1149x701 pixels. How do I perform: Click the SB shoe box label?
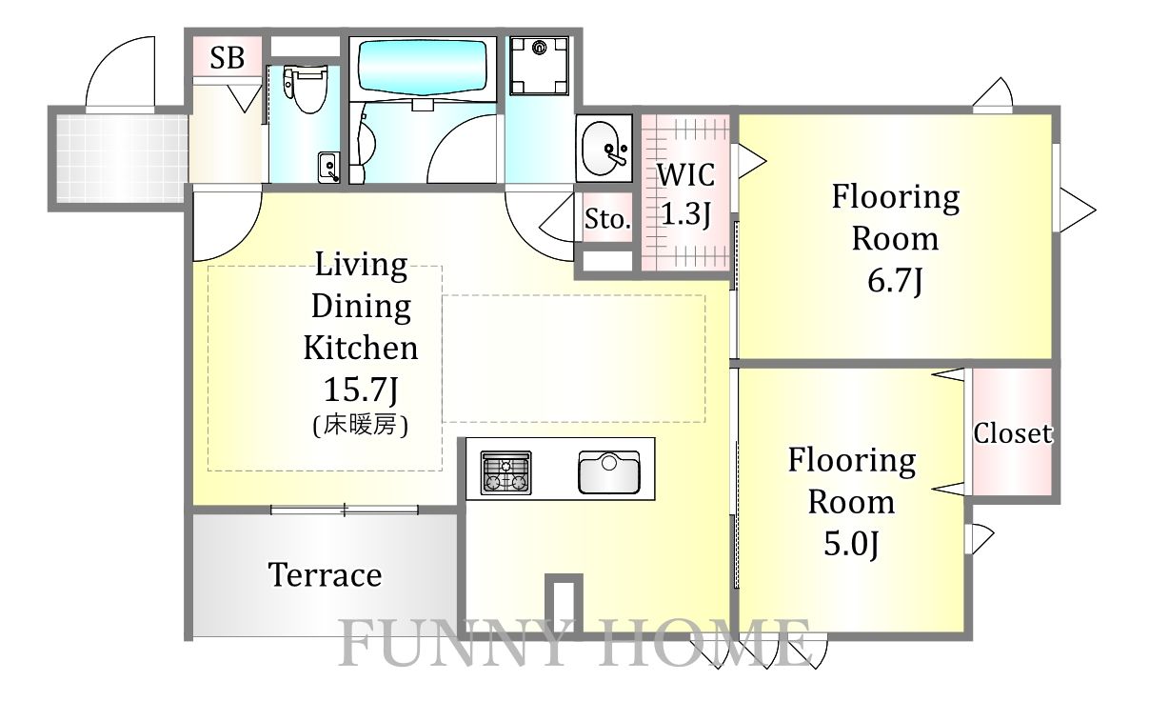pyautogui.click(x=228, y=58)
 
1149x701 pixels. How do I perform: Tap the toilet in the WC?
pyautogui.click(x=306, y=89)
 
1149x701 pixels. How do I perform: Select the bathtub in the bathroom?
pyautogui.click(x=422, y=67)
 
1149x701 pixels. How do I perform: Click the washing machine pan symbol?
pyautogui.click(x=539, y=65)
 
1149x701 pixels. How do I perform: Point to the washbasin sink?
pyautogui.click(x=605, y=149)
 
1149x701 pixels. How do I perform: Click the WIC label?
pyautogui.click(x=685, y=175)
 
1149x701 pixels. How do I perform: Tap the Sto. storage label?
pyautogui.click(x=607, y=220)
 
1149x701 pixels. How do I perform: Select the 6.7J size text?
pyautogui.click(x=895, y=281)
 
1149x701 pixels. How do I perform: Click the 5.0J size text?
pyautogui.click(x=851, y=544)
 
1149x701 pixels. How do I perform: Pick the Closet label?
pyautogui.click(x=1013, y=433)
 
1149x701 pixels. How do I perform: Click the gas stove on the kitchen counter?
pyautogui.click(x=505, y=472)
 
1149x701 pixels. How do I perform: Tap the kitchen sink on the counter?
pyautogui.click(x=609, y=472)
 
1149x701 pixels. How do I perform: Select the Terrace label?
pyautogui.click(x=326, y=574)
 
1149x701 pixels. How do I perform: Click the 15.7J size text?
pyautogui.click(x=361, y=390)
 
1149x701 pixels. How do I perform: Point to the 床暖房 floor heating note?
pyautogui.click(x=361, y=426)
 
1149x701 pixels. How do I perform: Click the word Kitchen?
pyautogui.click(x=361, y=348)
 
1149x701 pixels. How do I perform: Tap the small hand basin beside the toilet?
pyautogui.click(x=327, y=168)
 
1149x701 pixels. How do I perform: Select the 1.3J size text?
pyautogui.click(x=685, y=213)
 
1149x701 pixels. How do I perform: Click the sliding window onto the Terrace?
pyautogui.click(x=345, y=510)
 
